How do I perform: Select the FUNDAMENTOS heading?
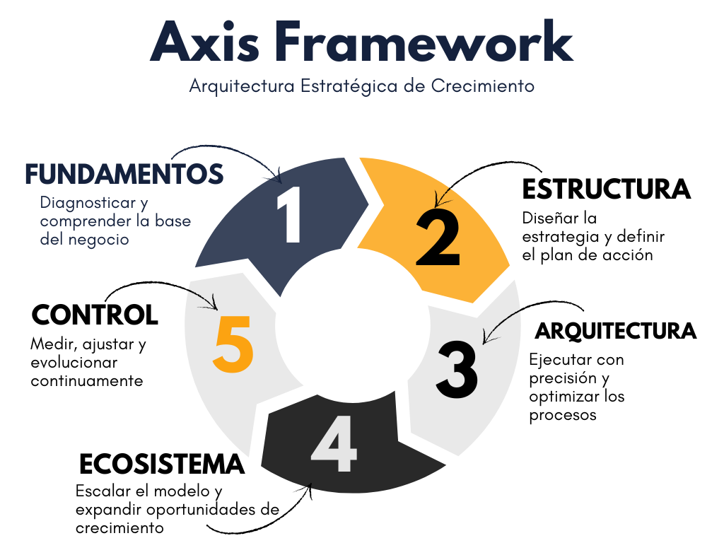124,174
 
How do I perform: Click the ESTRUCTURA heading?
606,189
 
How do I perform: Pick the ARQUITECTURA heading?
616,331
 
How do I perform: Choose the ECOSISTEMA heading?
162,465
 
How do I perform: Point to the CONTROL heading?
95,314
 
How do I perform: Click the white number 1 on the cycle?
291,216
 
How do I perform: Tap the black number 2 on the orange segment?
438,239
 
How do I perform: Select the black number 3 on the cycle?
457,368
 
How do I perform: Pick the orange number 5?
233,344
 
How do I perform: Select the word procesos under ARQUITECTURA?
563,415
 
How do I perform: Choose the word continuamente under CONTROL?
87,381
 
